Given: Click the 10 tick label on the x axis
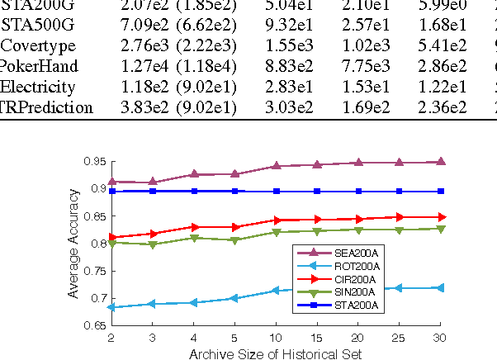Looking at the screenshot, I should (276, 338).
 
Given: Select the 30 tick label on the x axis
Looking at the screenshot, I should (440, 338).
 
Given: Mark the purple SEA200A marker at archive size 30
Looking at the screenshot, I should (440, 162).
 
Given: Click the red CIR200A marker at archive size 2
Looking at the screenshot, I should (111, 237).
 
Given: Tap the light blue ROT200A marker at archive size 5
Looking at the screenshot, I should (234, 297).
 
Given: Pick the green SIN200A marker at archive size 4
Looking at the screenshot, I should (194, 238).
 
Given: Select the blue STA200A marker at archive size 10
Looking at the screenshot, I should (276, 191).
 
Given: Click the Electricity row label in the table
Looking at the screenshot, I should (38, 87).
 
